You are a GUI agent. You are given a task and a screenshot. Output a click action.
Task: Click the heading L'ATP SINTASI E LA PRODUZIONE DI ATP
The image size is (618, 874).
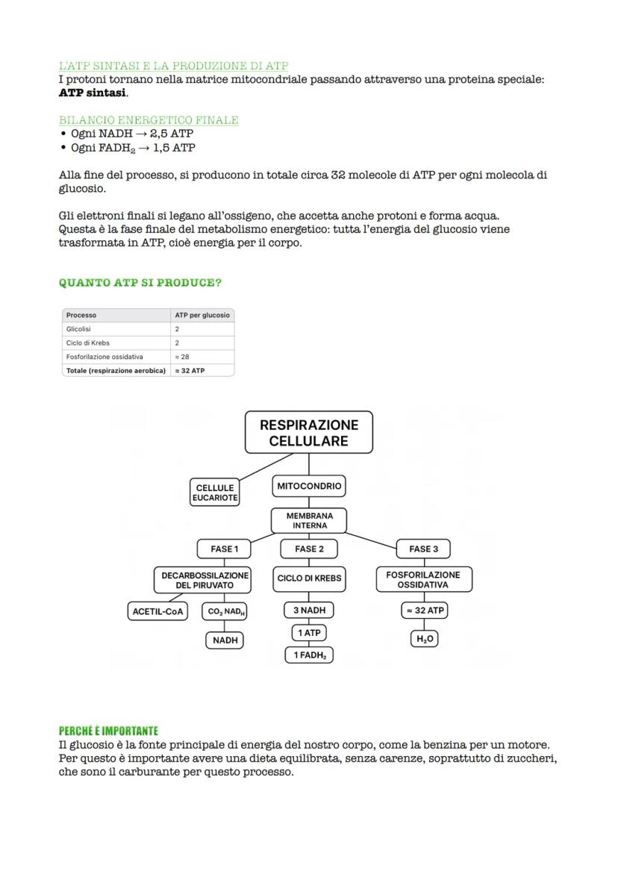(173, 66)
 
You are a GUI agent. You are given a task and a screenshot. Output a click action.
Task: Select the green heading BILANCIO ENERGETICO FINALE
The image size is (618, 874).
(149, 120)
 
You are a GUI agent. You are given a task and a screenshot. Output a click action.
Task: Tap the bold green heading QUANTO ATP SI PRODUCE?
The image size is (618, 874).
(140, 283)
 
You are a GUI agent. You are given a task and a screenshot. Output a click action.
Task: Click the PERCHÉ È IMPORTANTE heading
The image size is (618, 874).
(108, 731)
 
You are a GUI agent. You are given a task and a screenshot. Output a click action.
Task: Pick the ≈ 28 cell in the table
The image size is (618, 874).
(182, 357)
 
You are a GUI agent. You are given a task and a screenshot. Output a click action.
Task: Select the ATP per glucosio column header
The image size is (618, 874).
(202, 315)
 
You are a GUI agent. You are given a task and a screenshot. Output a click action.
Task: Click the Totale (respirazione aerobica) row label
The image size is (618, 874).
(116, 370)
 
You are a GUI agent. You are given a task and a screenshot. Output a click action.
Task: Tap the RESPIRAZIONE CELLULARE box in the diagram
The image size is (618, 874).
(309, 433)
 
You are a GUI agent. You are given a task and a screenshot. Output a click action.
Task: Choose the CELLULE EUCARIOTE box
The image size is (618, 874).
(215, 493)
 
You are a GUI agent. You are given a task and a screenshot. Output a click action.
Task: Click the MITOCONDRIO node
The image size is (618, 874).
(309, 486)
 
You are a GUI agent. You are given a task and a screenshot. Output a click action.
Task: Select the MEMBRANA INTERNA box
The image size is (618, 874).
(309, 520)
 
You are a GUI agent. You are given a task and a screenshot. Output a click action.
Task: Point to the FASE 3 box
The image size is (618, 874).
(423, 549)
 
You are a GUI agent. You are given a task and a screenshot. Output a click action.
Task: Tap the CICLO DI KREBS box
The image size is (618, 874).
(309, 578)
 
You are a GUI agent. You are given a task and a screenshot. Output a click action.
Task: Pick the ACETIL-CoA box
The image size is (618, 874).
(157, 611)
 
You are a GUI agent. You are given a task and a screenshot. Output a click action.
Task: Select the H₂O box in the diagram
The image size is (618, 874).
(423, 639)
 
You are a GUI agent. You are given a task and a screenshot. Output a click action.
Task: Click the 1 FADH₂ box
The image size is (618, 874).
(309, 655)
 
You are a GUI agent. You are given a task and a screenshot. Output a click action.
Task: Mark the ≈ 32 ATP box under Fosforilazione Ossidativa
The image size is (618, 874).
(424, 611)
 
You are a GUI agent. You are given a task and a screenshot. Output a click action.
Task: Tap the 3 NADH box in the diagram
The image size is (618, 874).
(309, 611)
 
